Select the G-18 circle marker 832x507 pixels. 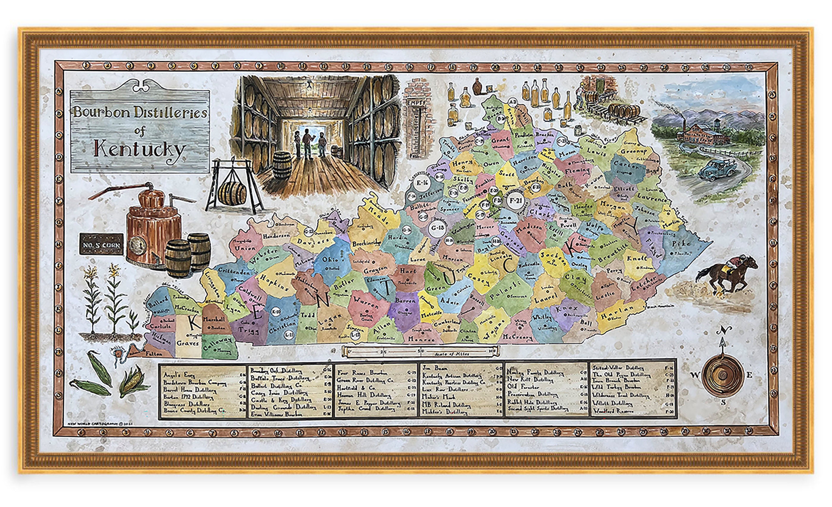(438, 228)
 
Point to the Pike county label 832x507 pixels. (681, 243)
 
